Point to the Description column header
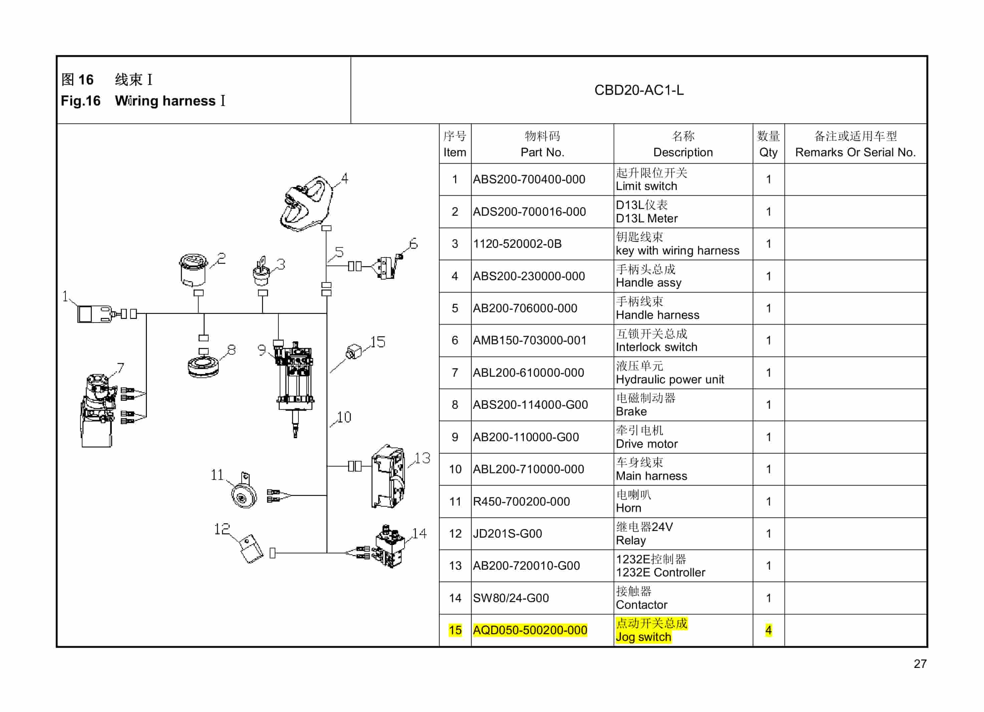(683, 152)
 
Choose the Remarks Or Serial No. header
(855, 152)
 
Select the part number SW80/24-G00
(511, 598)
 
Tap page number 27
(920, 664)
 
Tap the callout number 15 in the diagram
(378, 342)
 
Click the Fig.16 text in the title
(81, 101)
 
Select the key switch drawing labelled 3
(261, 272)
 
